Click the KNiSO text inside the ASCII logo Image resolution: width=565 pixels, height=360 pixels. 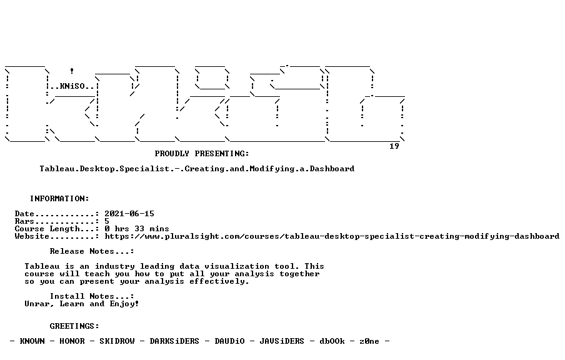tap(72, 86)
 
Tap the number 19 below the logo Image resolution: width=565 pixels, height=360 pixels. tap(394, 146)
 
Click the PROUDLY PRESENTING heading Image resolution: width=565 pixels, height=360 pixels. tap(202, 154)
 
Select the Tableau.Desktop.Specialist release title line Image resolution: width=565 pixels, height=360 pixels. tap(197, 169)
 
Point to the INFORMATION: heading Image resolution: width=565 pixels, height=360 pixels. tap(59, 199)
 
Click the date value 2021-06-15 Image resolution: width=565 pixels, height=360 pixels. tap(129, 214)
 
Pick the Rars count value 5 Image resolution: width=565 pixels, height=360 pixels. tap(107, 221)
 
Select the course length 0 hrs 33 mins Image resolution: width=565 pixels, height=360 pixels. tap(137, 229)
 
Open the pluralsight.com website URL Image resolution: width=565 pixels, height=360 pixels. tap(332, 236)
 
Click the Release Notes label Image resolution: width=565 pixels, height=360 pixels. tap(92, 251)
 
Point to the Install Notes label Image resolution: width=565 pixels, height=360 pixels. tap(92, 296)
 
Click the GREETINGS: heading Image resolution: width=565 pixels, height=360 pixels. tap(74, 326)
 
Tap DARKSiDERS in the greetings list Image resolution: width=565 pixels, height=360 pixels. tap(174, 341)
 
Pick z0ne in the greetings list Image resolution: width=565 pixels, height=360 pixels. tap(369, 341)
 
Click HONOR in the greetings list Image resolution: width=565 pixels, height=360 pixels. tap(72, 341)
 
